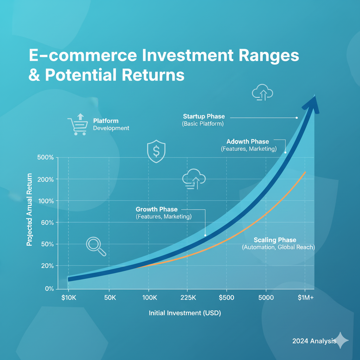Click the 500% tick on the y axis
click(45, 157)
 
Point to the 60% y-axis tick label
click(47, 223)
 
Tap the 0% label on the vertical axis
click(49, 289)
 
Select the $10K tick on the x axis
click(69, 297)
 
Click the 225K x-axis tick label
click(188, 297)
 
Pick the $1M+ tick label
click(306, 297)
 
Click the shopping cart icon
click(78, 124)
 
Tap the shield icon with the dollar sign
click(156, 151)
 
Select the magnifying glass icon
click(96, 246)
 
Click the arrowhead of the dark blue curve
click(312, 104)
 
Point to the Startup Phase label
click(204, 116)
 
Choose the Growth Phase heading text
click(156, 209)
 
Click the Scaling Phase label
click(275, 240)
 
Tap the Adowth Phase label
click(248, 141)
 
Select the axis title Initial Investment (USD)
click(185, 313)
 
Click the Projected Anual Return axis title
click(29, 210)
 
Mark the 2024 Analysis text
click(314, 341)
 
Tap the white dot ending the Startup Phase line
click(297, 118)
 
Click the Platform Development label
click(111, 124)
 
